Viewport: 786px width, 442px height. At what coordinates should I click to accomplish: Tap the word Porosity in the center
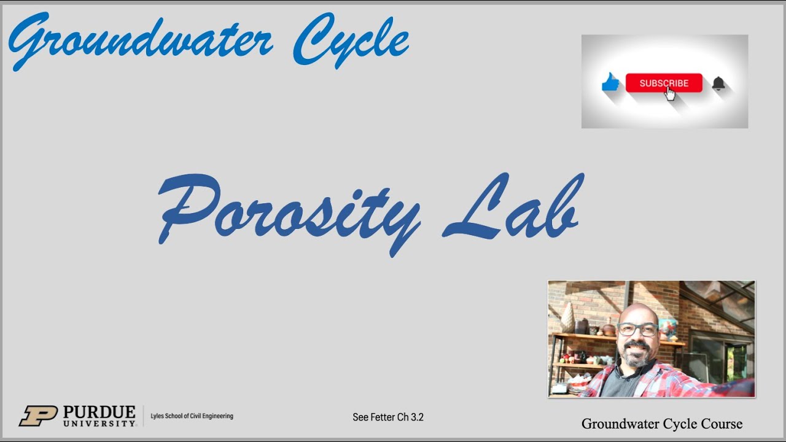pyautogui.click(x=289, y=212)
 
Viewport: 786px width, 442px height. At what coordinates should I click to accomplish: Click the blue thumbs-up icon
pyautogui.click(x=610, y=82)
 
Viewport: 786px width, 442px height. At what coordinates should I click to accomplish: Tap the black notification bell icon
pyautogui.click(x=718, y=83)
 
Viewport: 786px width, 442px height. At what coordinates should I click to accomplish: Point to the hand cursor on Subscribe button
pyautogui.click(x=670, y=93)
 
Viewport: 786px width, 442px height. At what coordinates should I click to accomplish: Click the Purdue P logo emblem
pyautogui.click(x=38, y=416)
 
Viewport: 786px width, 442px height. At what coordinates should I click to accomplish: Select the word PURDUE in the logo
pyautogui.click(x=99, y=411)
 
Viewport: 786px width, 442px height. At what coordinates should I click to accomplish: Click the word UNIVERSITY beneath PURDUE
pyautogui.click(x=99, y=423)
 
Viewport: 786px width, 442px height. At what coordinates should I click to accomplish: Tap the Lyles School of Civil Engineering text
pyautogui.click(x=192, y=416)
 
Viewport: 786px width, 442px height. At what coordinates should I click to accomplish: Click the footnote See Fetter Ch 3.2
pyautogui.click(x=388, y=417)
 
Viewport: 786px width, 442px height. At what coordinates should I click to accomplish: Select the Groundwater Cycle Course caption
pyautogui.click(x=662, y=424)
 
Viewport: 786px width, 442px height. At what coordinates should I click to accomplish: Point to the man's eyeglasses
pyautogui.click(x=637, y=329)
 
